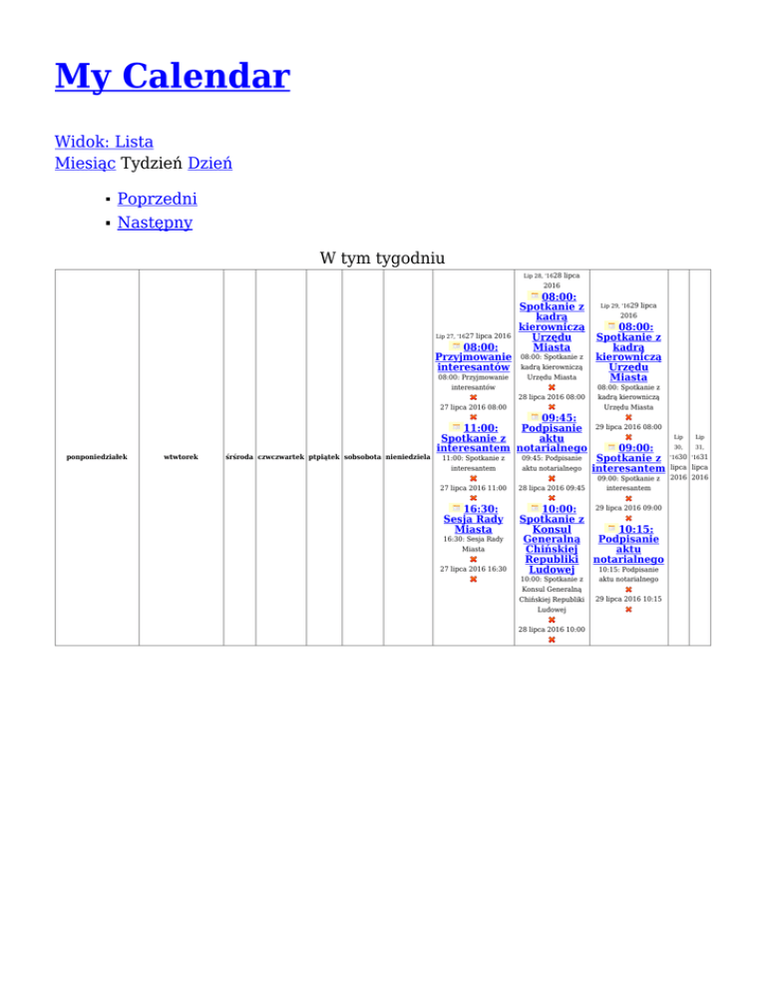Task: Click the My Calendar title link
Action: coord(172,76)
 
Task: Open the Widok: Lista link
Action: coord(104,142)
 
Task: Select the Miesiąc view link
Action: coord(85,162)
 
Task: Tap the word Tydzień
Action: coord(151,162)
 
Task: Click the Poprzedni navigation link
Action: coord(157,198)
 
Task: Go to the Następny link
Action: coord(155,222)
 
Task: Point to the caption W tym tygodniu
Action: coord(383,258)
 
